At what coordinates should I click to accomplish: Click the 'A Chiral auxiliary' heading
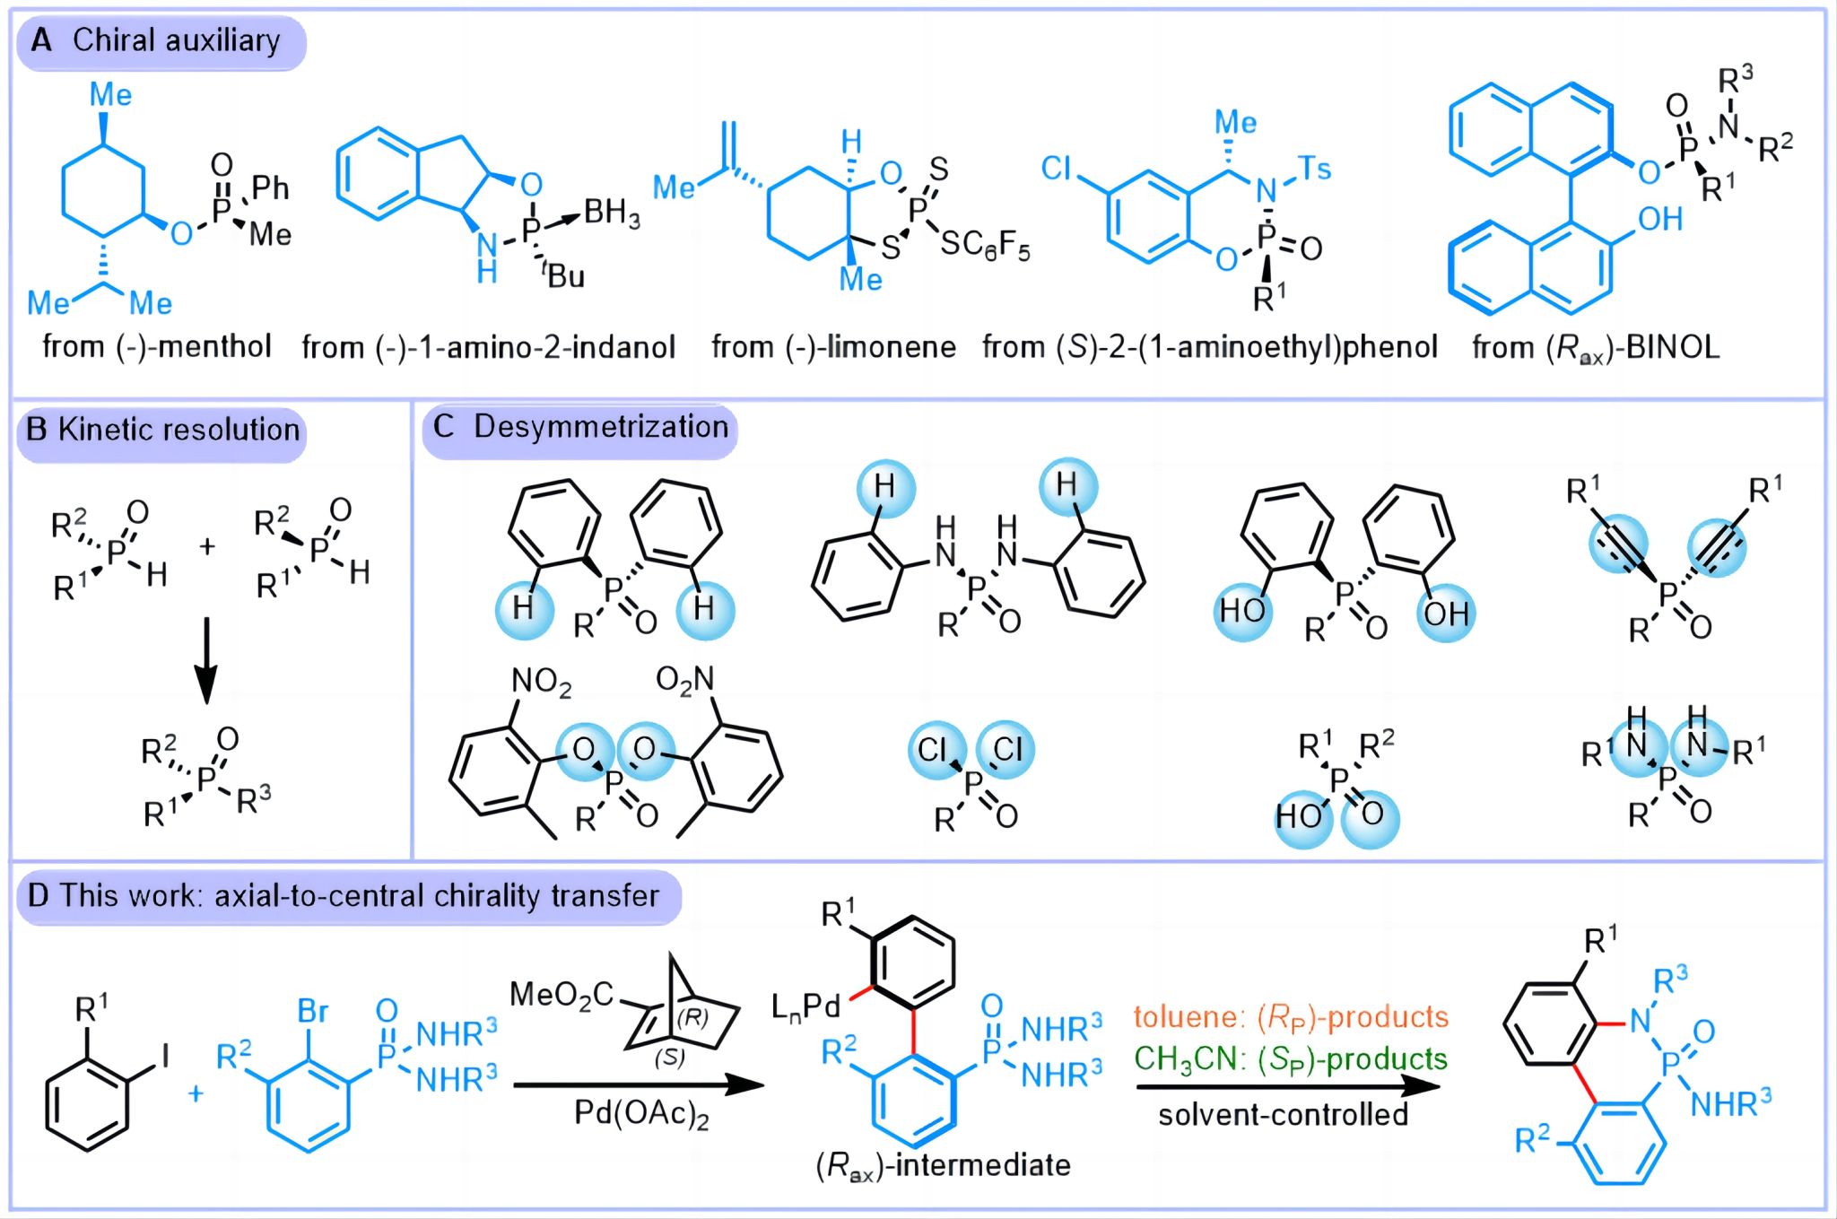click(x=160, y=41)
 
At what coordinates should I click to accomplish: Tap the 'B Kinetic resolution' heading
click(x=161, y=431)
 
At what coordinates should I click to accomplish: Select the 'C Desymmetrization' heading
click(x=580, y=428)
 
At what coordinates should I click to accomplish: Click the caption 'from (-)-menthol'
click(x=157, y=347)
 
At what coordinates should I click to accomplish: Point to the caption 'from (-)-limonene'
click(x=833, y=347)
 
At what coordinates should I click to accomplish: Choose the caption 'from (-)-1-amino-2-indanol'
click(x=488, y=347)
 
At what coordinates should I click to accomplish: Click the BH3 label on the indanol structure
click(x=612, y=213)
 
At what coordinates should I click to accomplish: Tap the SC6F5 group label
click(x=984, y=243)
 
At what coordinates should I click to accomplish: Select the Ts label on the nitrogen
click(x=1314, y=168)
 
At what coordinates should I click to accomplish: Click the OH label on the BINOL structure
click(x=1659, y=219)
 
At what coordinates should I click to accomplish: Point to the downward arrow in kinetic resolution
click(x=206, y=659)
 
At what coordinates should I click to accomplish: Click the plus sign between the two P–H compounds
click(x=207, y=545)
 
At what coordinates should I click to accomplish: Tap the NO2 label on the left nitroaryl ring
click(x=541, y=682)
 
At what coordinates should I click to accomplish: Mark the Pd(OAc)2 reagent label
click(x=641, y=1114)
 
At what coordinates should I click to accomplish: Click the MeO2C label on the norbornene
click(x=562, y=995)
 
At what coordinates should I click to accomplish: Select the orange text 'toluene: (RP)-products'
click(x=1291, y=1017)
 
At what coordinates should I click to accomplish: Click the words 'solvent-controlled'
click(x=1283, y=1115)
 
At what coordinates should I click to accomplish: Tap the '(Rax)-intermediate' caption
click(x=943, y=1165)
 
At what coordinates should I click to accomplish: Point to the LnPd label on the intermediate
click(x=805, y=1006)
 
